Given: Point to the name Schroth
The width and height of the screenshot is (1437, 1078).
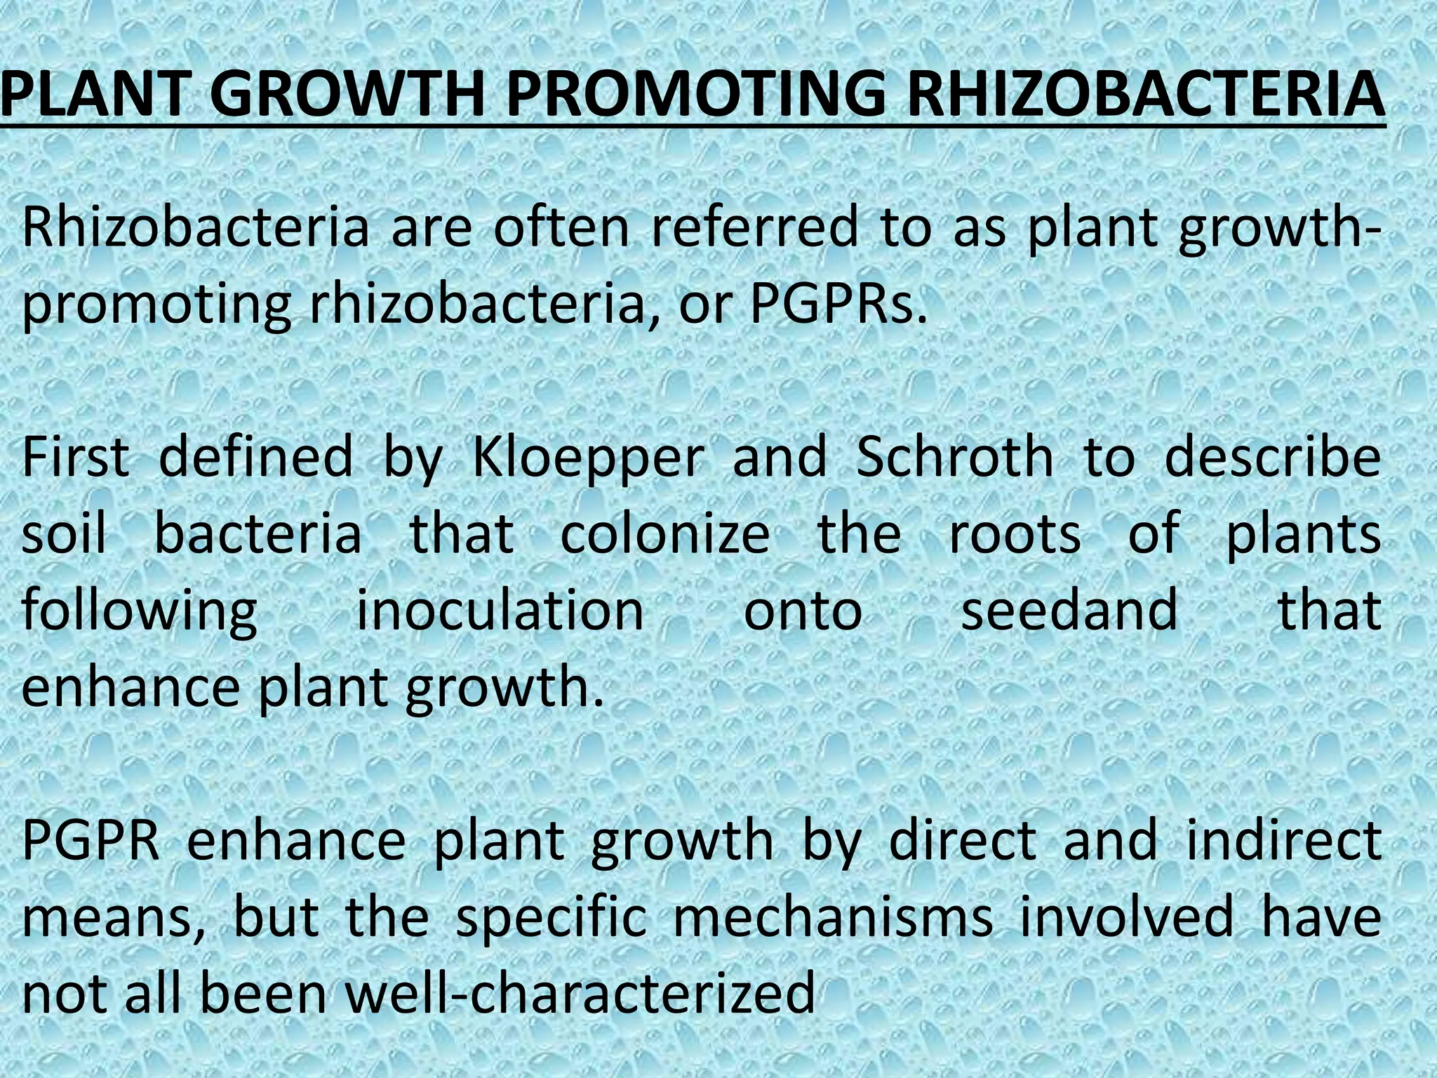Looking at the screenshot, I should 955,457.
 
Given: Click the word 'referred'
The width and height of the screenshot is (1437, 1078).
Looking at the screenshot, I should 755,227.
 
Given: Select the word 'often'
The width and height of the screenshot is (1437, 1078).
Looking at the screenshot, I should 562,227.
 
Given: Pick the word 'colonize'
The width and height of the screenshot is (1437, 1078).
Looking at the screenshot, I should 665,533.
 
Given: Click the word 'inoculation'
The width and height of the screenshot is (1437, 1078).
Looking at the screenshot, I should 500,610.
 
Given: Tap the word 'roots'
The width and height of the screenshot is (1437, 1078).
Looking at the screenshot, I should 1015,533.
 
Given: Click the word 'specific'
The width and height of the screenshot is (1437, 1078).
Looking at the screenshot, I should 551,919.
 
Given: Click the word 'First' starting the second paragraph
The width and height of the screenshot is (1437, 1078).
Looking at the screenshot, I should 76,457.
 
